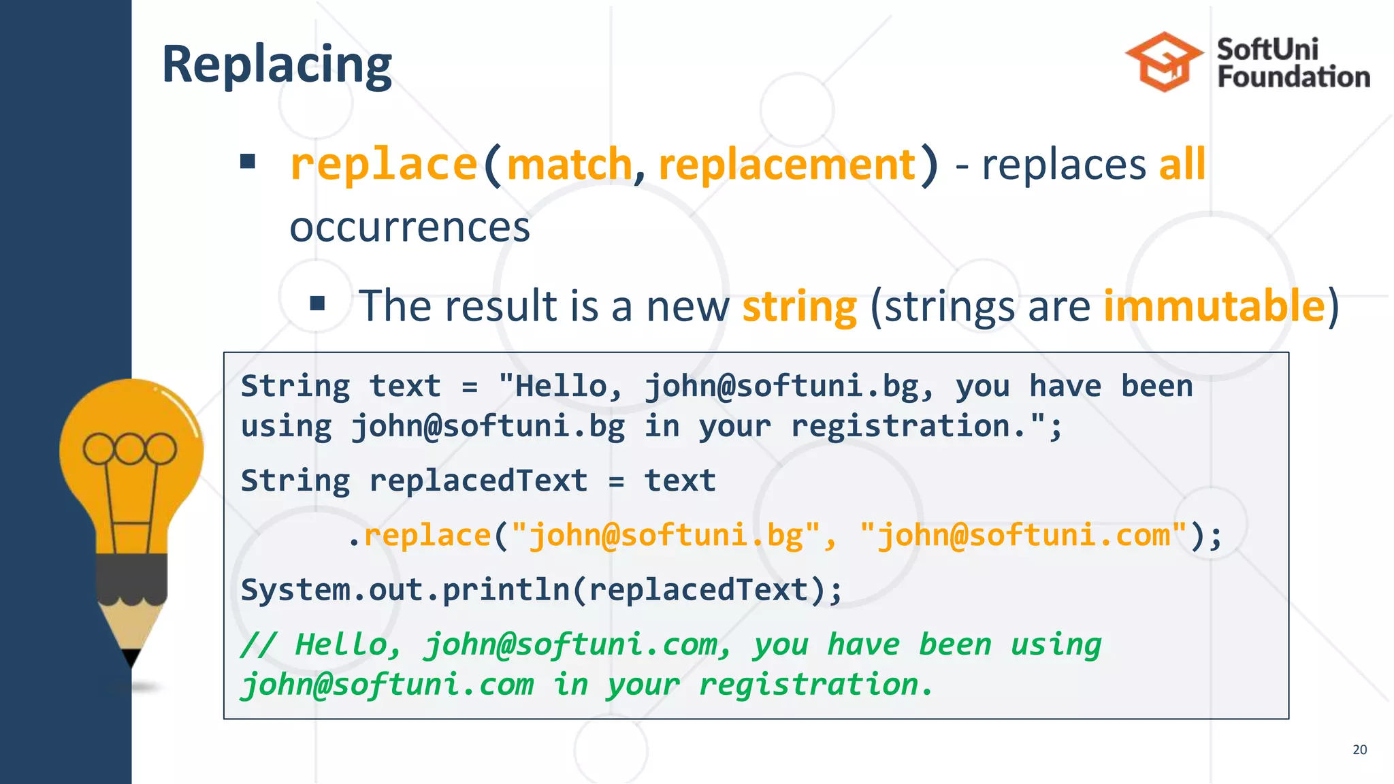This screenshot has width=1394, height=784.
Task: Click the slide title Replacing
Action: coord(277,65)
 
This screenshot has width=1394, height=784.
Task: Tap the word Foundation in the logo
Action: coord(1293,77)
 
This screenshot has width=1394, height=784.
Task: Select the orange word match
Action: coord(570,165)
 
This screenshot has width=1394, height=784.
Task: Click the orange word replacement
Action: coord(788,165)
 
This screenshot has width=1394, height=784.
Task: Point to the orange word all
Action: coord(1182,165)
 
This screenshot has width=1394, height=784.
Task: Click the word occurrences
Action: coord(409,227)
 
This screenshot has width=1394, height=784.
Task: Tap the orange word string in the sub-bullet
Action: coord(799,307)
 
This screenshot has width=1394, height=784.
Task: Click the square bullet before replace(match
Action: coord(248,162)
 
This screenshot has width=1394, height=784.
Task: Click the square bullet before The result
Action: coord(317,304)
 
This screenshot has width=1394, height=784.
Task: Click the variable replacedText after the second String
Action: coord(478,480)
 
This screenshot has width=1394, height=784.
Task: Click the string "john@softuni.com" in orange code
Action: coord(1023,535)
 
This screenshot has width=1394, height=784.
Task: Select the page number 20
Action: coord(1359,749)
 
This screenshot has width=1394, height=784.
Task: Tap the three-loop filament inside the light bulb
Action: coord(129,449)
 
